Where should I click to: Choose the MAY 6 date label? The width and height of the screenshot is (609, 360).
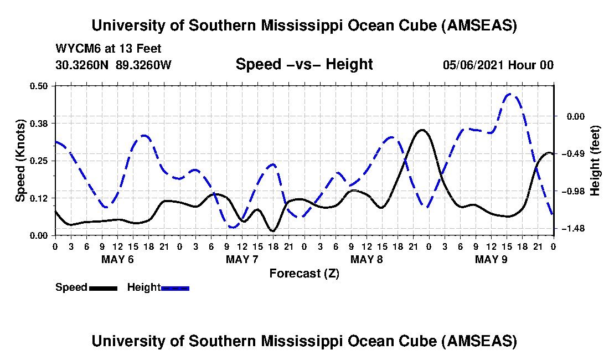117,259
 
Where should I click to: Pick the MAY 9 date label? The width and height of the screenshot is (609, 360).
492,259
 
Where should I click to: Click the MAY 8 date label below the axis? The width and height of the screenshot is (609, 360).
367,259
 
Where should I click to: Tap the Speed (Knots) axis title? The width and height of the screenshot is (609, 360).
20,160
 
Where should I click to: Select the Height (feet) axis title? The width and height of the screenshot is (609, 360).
596,161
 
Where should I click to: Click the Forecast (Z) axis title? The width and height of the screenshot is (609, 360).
304,273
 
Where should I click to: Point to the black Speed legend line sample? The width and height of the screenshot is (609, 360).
102,288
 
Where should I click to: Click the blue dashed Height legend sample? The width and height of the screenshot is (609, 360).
175,288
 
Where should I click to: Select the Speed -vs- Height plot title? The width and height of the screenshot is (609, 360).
304,64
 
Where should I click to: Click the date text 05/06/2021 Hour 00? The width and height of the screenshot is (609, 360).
498,65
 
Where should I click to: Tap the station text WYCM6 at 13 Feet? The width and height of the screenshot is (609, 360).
109,49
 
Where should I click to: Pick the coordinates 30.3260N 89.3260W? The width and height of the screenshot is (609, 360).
113,65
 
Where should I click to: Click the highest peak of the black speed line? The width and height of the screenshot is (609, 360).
422,130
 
